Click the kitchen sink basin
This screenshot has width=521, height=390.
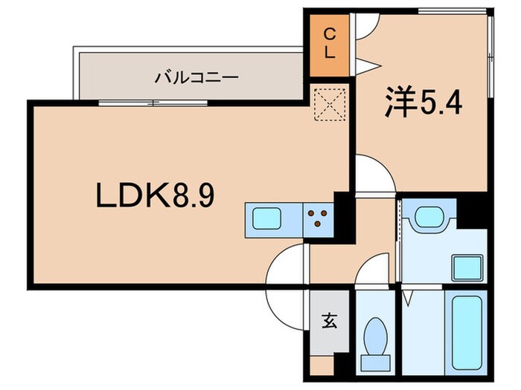(265, 218)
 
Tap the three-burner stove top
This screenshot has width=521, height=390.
(319, 218)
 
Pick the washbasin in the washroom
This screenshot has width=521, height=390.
(428, 218)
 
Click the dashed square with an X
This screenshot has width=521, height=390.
(330, 104)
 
